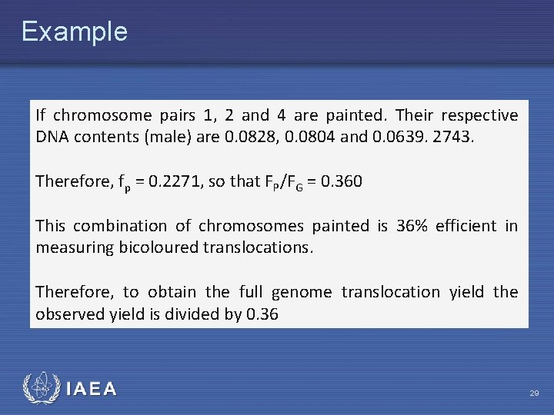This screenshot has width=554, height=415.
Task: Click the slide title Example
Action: (x=74, y=32)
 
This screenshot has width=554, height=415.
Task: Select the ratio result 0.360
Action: (x=339, y=182)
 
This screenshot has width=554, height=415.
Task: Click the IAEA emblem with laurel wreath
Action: (x=40, y=388)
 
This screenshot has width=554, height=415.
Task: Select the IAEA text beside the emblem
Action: (x=92, y=390)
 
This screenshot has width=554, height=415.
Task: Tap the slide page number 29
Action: (x=534, y=393)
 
